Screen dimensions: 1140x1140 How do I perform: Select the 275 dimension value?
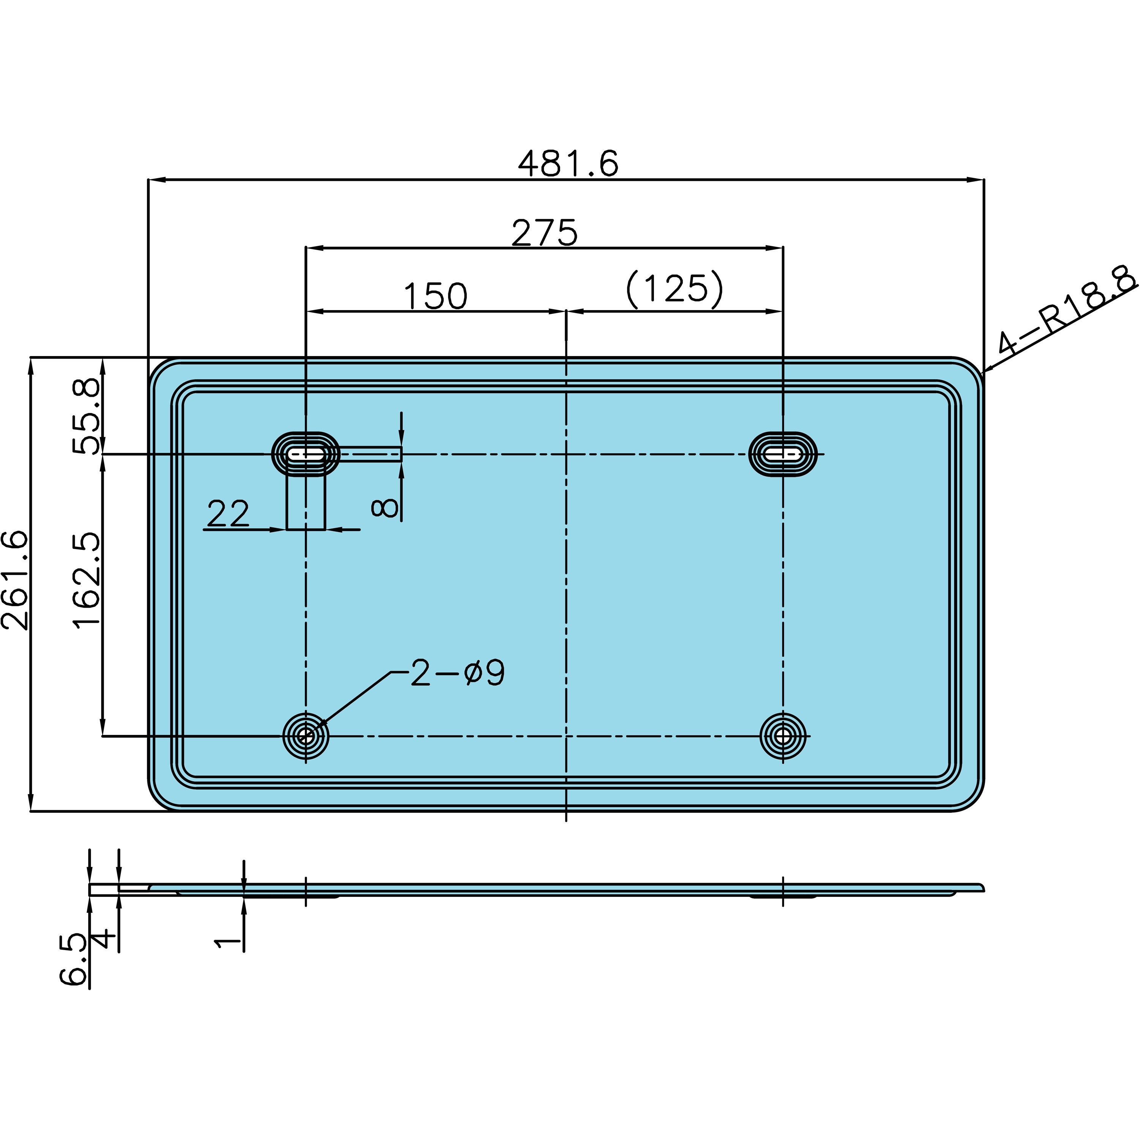point(544,233)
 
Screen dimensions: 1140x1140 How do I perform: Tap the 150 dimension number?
point(435,296)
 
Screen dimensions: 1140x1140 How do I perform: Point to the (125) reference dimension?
point(674,290)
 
